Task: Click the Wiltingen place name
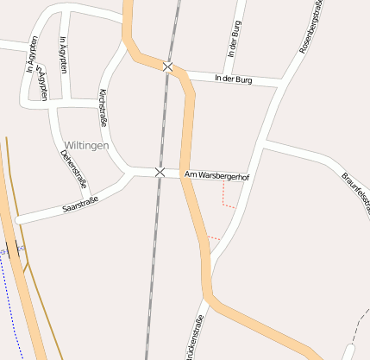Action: coord(86,146)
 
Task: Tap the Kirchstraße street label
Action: coord(104,108)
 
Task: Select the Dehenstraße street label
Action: coord(73,167)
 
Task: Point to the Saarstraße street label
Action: coord(81,205)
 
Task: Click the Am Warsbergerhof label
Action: coord(216,176)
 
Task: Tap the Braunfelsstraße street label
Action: coord(355,189)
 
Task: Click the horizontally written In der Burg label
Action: coord(232,79)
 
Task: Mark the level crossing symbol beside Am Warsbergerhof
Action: coord(160,173)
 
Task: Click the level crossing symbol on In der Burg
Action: coord(167,66)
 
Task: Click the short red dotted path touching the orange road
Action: coord(214,237)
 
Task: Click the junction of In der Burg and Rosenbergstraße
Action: coord(283,83)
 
